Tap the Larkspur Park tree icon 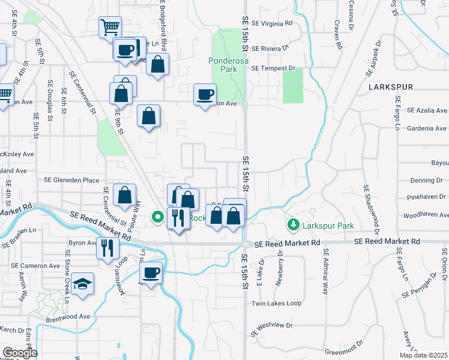coord(294,224)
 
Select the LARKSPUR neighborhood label coord(391,87)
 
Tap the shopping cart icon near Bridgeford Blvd coord(110,26)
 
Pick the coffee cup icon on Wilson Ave coord(205,94)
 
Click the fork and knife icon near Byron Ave coord(107,247)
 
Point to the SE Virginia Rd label coord(272,23)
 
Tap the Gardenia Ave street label coord(426,128)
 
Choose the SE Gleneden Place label coord(71,179)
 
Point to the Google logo coord(20,353)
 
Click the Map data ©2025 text coord(424,355)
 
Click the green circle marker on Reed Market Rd coord(158,217)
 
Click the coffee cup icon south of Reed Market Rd coord(151,273)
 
